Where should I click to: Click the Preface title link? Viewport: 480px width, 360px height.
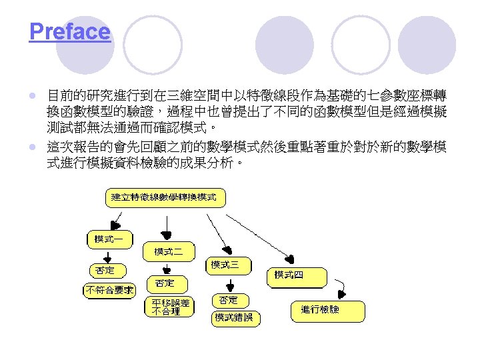(x=69, y=31)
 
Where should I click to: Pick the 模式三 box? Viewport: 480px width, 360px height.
(x=228, y=265)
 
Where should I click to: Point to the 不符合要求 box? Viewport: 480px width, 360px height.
(x=109, y=290)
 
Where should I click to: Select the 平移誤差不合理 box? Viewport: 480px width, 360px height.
(x=170, y=307)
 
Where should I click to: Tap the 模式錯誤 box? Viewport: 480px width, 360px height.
(x=234, y=317)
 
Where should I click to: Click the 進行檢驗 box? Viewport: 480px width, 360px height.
(x=327, y=310)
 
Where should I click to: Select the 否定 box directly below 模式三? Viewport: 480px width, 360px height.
(x=228, y=300)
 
